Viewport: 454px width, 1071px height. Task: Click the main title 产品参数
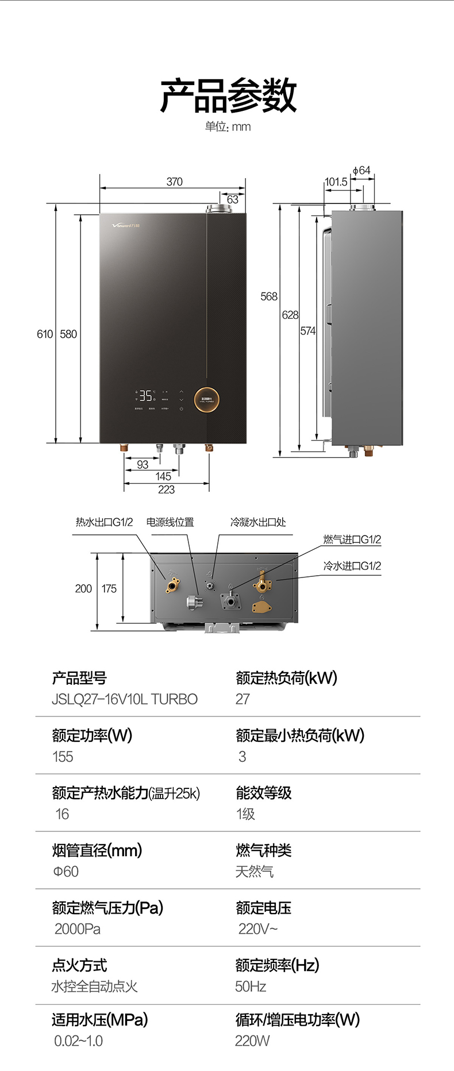point(228,95)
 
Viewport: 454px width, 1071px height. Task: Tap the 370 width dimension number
point(174,182)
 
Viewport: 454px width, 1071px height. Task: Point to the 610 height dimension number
point(44,334)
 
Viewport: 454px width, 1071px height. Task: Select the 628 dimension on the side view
point(290,315)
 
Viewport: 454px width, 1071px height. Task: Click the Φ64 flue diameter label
point(361,171)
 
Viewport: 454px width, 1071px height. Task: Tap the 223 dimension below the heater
point(166,490)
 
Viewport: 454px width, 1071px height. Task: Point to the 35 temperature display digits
point(146,395)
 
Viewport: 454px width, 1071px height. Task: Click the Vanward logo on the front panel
point(125,225)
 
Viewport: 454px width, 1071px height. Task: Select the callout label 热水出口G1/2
point(104,522)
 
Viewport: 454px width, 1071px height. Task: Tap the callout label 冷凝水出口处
point(257,522)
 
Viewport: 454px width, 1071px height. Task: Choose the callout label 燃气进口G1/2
point(352,540)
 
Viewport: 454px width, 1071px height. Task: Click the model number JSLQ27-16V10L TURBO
point(125,699)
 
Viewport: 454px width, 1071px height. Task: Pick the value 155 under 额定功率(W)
point(63,757)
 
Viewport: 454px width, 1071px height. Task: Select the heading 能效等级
point(264,793)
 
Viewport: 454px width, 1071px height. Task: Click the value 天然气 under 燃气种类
point(254,872)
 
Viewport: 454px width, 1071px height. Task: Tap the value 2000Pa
point(77,929)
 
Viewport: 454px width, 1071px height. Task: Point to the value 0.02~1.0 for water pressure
point(78,1041)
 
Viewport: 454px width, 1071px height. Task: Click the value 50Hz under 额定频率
point(251,987)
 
